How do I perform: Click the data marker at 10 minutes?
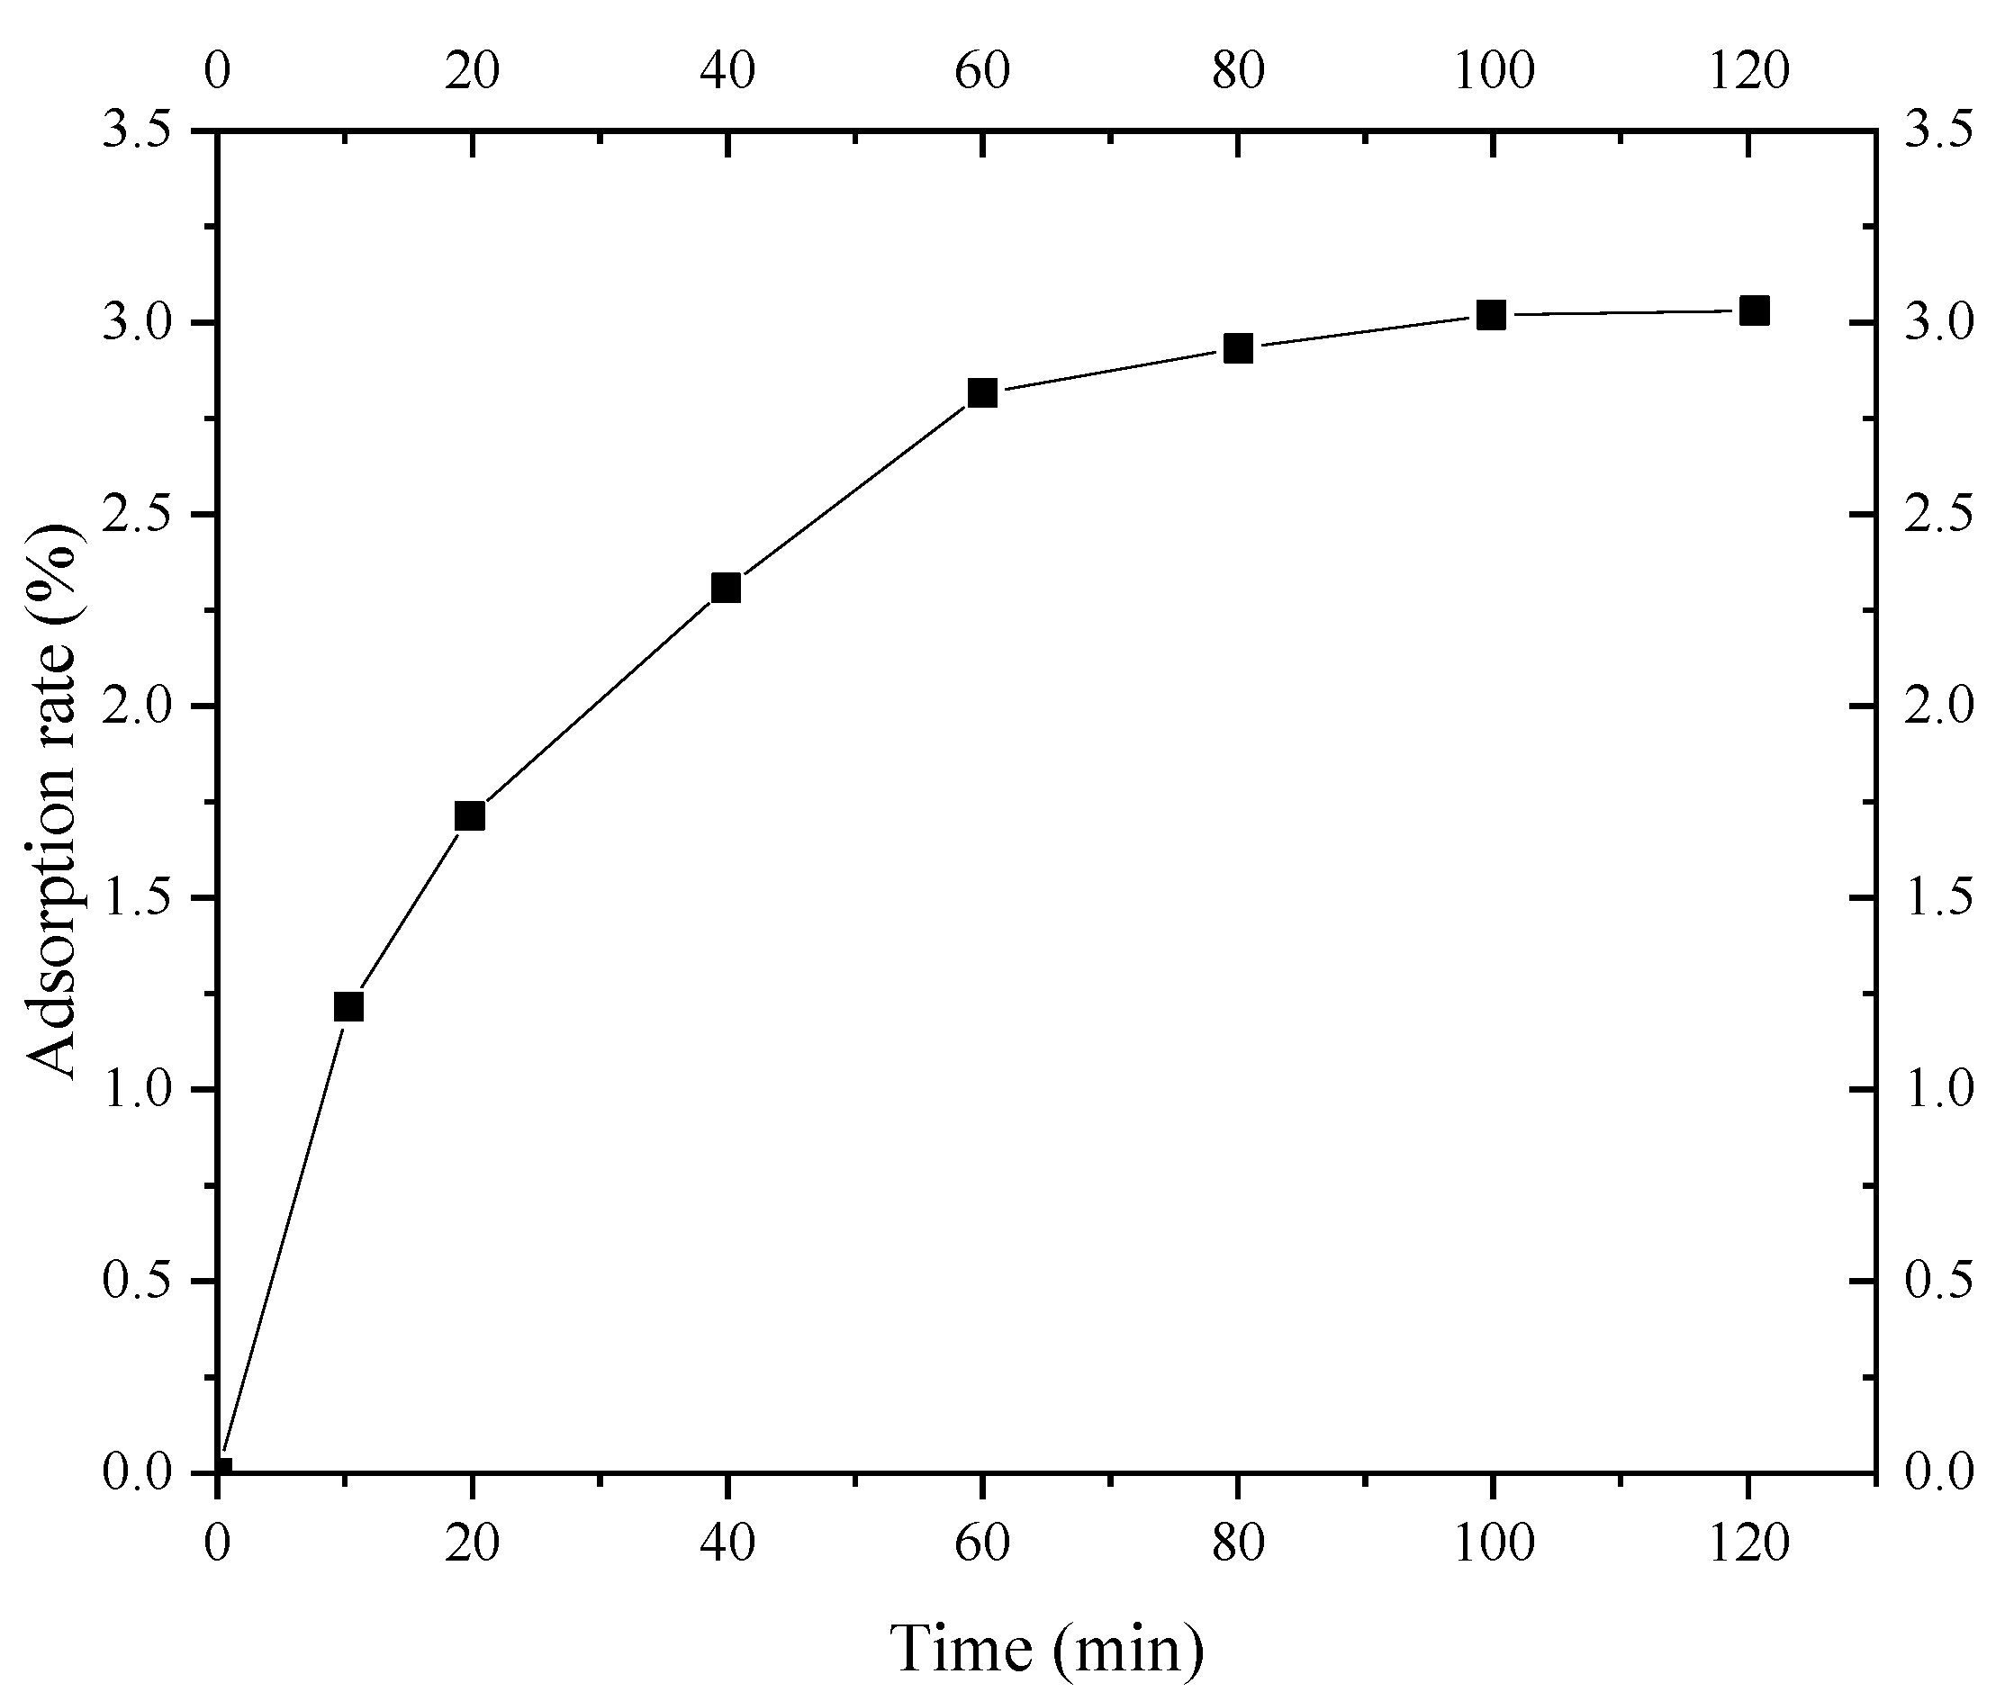tap(348, 1007)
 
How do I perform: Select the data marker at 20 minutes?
tap(470, 815)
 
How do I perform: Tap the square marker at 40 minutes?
tap(726, 587)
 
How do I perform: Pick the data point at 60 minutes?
tap(982, 392)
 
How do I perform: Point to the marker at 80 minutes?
tap(1238, 348)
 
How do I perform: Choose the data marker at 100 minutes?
tap(1491, 314)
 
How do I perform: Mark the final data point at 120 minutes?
tap(1754, 310)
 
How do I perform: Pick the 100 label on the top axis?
tap(1493, 69)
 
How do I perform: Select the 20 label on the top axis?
tap(472, 69)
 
